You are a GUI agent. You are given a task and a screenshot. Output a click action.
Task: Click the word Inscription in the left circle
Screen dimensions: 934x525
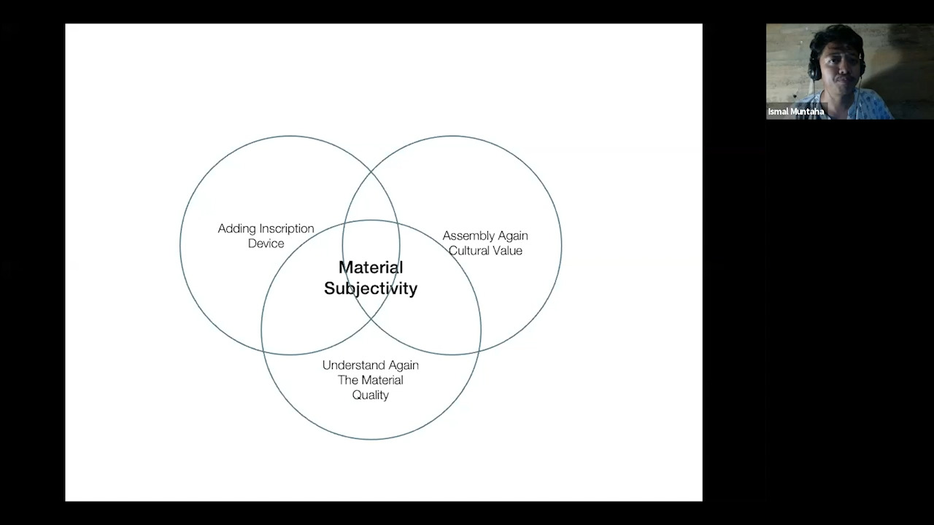coord(287,229)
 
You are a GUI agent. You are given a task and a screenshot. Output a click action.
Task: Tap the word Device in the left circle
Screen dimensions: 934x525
coord(266,244)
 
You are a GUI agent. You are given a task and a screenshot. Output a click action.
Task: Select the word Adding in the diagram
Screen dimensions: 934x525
coord(237,229)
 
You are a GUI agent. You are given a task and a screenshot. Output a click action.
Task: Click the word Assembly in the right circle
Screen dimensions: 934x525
coord(468,236)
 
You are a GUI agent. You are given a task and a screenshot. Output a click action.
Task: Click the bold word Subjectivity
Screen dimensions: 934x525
coord(371,289)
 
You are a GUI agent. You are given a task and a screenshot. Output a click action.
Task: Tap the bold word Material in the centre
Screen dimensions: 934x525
coord(371,268)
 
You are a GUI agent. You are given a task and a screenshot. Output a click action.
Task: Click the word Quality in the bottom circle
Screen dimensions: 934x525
coord(370,395)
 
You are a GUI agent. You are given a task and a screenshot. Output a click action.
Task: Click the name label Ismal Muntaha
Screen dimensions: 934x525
coord(796,112)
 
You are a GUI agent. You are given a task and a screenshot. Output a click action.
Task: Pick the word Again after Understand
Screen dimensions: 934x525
coord(404,365)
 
